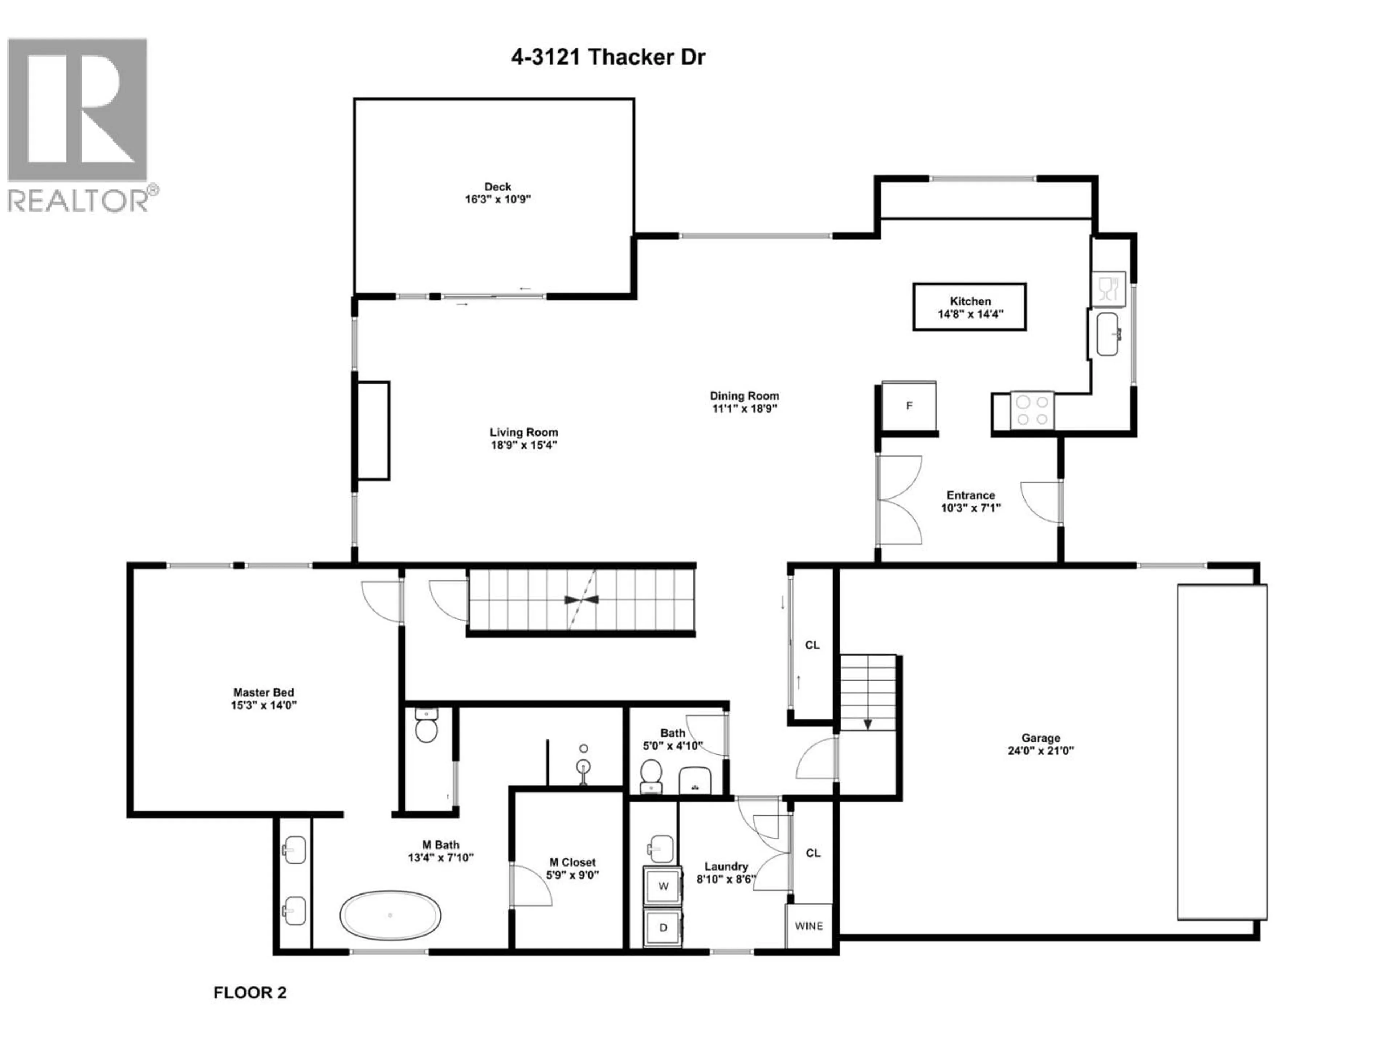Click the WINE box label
(x=808, y=925)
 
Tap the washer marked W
(x=663, y=886)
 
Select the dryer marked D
(x=663, y=927)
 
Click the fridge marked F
(x=909, y=405)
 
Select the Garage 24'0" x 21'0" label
(x=1040, y=744)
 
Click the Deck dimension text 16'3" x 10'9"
(x=498, y=199)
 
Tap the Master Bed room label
(x=264, y=698)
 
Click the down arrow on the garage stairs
(x=867, y=724)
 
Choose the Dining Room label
(x=744, y=402)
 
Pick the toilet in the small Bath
(x=651, y=774)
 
